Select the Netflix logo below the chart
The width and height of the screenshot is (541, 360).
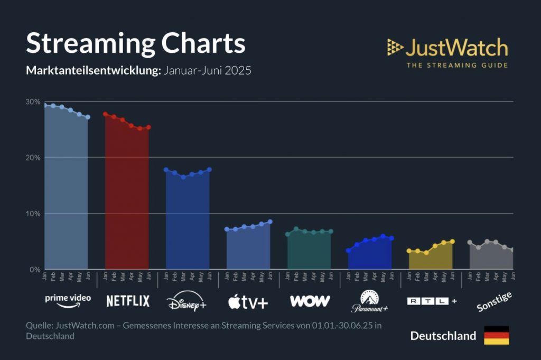(x=128, y=301)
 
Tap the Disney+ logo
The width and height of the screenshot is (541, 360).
(x=186, y=301)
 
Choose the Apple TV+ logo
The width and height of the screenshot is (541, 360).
(x=248, y=302)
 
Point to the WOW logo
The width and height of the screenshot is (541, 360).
(x=310, y=301)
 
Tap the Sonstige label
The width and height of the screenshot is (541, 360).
(x=494, y=301)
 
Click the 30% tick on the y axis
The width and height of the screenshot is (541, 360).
(x=33, y=101)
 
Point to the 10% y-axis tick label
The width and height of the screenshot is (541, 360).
(x=33, y=214)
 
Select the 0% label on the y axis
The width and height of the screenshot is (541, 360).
(x=35, y=270)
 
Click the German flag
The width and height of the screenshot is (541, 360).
(x=496, y=335)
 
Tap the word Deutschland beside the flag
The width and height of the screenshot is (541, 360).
(x=443, y=336)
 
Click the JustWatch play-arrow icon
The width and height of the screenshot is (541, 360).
(x=395, y=48)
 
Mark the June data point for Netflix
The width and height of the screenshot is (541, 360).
(x=148, y=127)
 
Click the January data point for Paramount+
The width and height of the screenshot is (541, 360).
(x=348, y=251)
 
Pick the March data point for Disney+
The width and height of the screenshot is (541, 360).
(x=183, y=177)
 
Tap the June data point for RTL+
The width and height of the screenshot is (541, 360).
(x=452, y=242)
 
